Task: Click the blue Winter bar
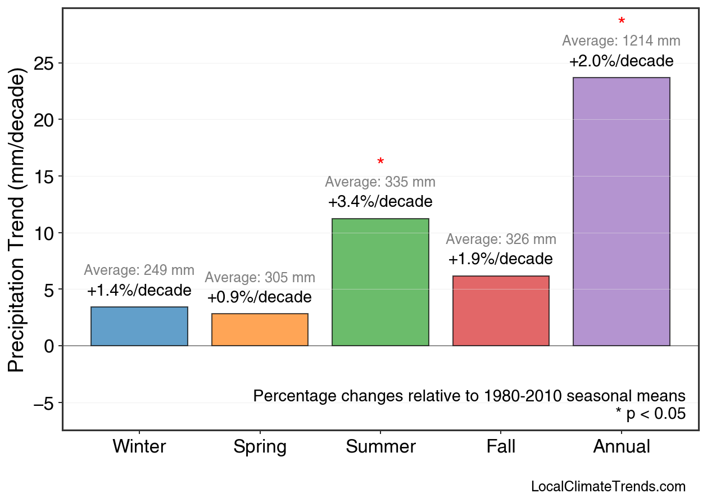139,327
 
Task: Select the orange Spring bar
260,330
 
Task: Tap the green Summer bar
380,282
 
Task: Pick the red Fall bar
501,311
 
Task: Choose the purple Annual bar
621,212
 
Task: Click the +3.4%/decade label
380,201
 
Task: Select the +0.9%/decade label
260,297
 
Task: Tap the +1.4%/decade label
139,290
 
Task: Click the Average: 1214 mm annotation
621,41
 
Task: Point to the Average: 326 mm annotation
501,239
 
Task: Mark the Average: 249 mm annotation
139,270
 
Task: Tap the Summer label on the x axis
380,447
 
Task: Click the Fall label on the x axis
501,447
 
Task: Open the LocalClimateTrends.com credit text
608,487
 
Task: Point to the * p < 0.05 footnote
650,414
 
